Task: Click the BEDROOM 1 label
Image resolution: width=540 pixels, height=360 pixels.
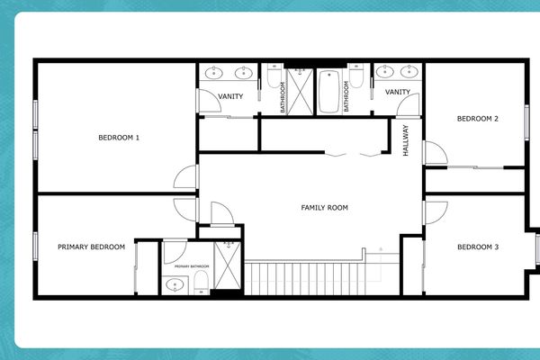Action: (119, 138)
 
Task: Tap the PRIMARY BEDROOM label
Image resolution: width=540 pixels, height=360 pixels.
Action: (91, 247)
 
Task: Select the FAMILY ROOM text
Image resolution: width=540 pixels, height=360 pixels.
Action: (324, 208)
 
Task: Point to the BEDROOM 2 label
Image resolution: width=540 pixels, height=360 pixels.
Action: (477, 119)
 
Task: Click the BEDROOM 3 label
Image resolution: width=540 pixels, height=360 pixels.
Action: (477, 247)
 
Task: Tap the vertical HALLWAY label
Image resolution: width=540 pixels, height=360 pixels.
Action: (406, 140)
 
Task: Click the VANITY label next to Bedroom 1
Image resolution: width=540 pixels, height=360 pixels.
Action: (230, 96)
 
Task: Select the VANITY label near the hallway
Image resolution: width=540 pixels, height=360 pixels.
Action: (398, 92)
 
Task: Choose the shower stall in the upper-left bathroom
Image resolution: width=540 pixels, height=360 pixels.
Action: (299, 90)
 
